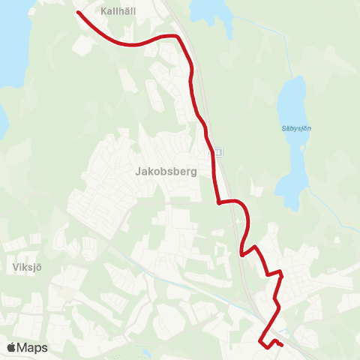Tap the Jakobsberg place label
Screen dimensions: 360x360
pos(166,170)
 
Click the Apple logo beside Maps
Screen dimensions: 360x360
pos(10,347)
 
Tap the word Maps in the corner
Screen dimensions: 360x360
pos(32,347)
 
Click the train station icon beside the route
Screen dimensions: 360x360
pos(217,152)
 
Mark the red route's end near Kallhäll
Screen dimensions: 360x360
pos(78,12)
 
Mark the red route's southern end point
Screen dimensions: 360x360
pos(281,345)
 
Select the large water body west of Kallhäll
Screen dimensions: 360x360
pos(11,45)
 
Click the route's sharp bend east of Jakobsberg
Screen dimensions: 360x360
pos(217,202)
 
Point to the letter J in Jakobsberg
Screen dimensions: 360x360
pos(138,170)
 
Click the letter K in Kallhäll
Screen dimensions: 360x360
pos(103,12)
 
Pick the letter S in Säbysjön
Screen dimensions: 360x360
pos(284,128)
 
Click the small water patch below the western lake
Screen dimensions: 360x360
pos(3,120)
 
